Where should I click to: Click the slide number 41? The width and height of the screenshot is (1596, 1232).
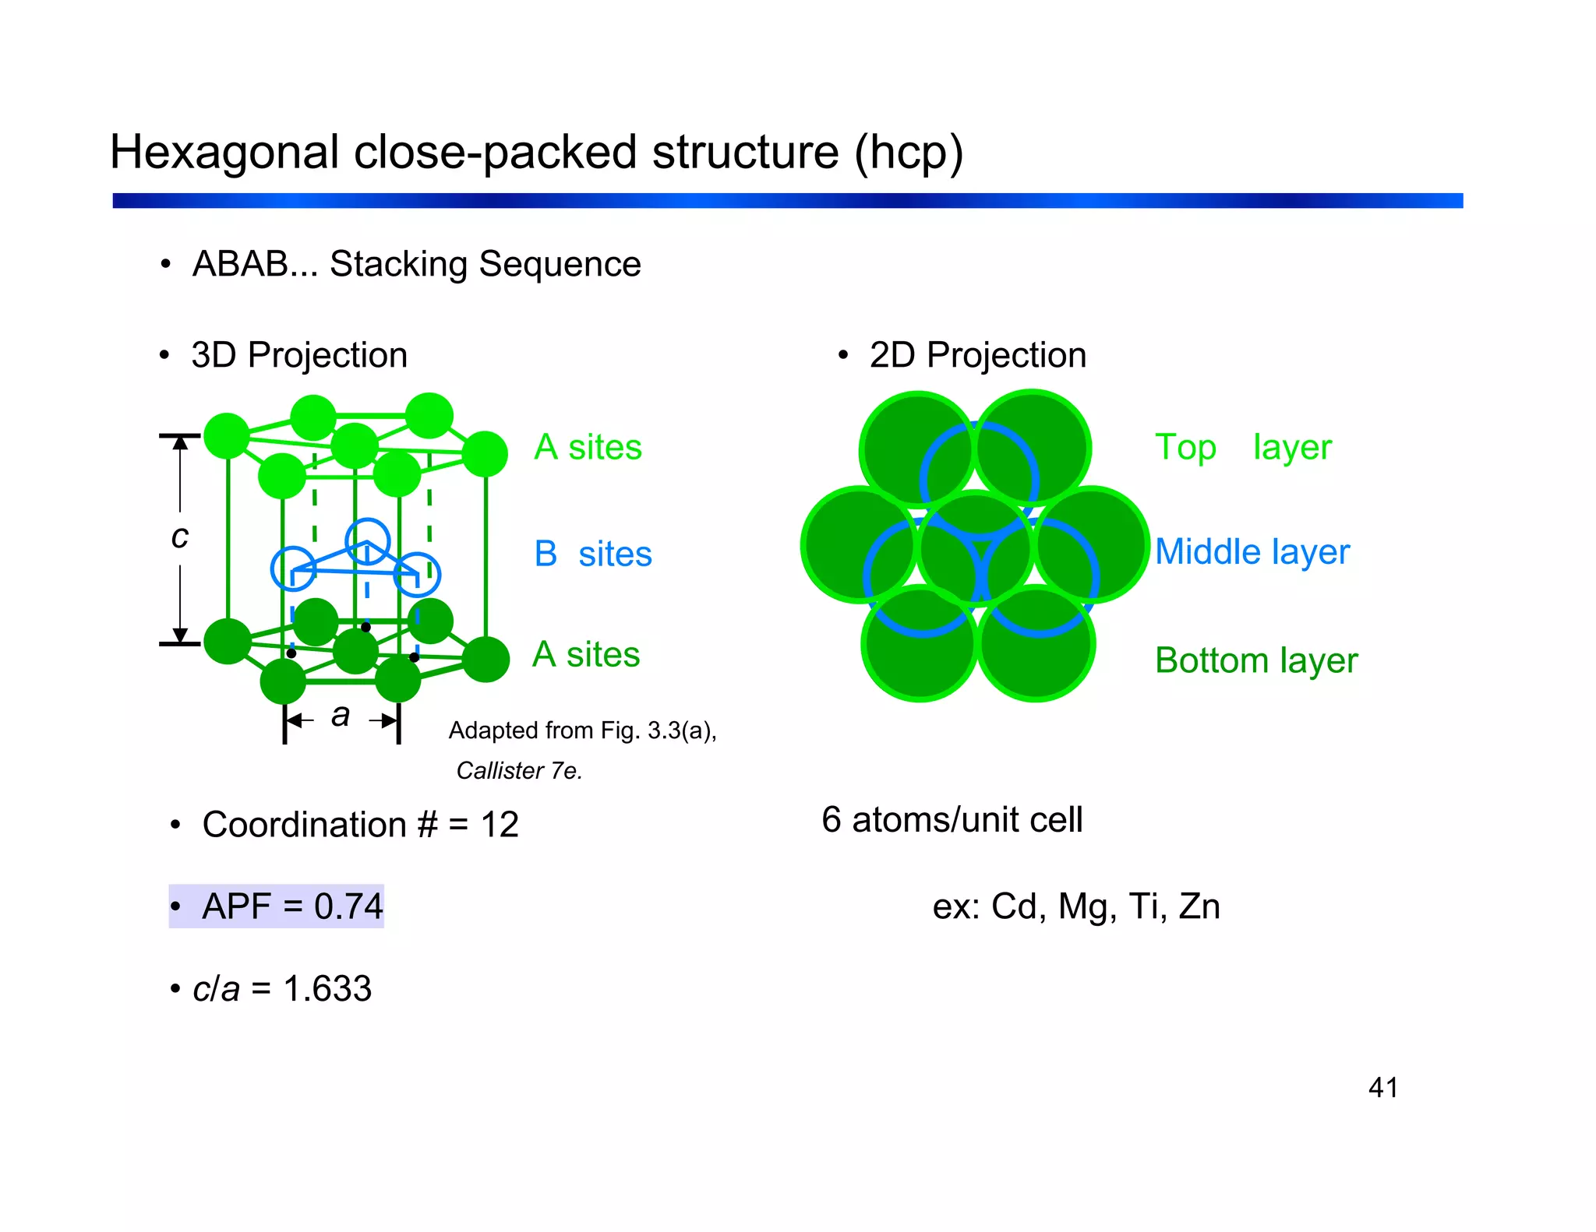[1382, 1087]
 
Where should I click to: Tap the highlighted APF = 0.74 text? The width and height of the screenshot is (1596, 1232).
[291, 906]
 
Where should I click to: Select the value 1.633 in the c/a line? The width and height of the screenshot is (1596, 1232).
[327, 989]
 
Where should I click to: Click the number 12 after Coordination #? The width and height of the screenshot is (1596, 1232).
[500, 825]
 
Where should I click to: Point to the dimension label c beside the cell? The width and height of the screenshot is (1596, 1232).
[180, 537]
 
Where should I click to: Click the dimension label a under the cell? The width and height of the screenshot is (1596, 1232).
[341, 715]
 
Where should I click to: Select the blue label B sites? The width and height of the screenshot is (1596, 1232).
[592, 554]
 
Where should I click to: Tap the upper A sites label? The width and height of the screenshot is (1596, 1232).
[588, 447]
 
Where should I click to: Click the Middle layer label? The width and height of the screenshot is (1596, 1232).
[1252, 552]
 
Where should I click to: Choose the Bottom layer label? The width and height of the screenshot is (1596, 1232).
[1255, 660]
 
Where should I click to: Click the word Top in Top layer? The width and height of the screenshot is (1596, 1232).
[1185, 448]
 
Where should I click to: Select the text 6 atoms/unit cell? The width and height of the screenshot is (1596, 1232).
[952, 820]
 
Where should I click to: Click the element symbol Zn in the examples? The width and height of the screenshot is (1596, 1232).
[1199, 906]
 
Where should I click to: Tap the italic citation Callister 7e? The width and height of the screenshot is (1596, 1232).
[519, 771]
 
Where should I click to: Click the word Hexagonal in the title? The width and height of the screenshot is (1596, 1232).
[224, 152]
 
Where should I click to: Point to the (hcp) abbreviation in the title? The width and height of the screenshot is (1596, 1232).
[909, 153]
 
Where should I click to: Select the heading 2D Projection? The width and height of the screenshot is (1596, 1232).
[977, 356]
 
